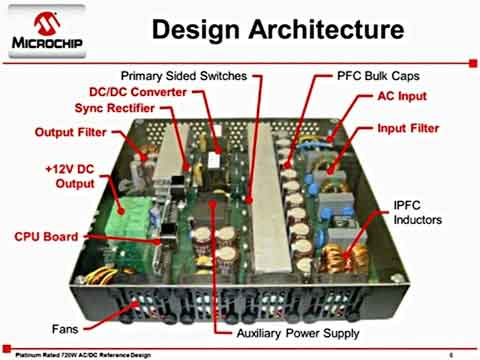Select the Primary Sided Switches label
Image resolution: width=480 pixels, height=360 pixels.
187,76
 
